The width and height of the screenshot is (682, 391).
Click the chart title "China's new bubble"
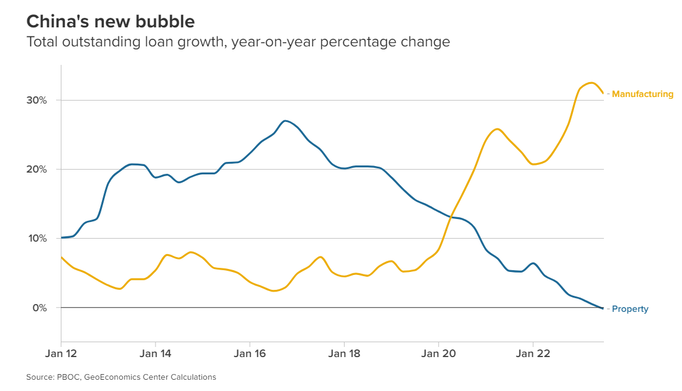point(110,22)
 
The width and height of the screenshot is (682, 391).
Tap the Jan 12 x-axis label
point(61,354)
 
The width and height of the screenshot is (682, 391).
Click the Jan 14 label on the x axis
point(155,354)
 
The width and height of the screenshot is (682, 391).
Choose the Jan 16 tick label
point(249,354)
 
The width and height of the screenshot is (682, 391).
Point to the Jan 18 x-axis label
point(344,354)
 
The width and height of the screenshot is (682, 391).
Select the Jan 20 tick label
point(438,354)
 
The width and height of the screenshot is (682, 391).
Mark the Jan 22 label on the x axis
point(532,354)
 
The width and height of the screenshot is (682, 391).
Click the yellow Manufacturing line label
point(642,94)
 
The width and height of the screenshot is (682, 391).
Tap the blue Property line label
point(630,309)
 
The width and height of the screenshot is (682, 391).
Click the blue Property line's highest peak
point(286,121)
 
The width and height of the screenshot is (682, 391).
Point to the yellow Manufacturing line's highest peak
point(591,83)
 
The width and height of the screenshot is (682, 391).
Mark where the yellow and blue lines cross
point(453,217)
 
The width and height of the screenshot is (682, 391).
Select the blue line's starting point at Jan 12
point(61,237)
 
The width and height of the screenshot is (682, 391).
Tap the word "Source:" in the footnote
point(39,377)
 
